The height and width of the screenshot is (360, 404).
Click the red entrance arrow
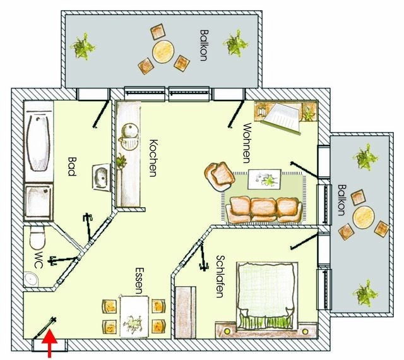tap(50, 347)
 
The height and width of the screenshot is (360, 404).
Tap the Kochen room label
tap(152, 157)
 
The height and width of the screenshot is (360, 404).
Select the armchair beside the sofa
tap(219, 175)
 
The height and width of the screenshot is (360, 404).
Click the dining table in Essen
tap(134, 316)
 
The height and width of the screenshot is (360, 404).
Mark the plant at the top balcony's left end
tap(82, 46)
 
